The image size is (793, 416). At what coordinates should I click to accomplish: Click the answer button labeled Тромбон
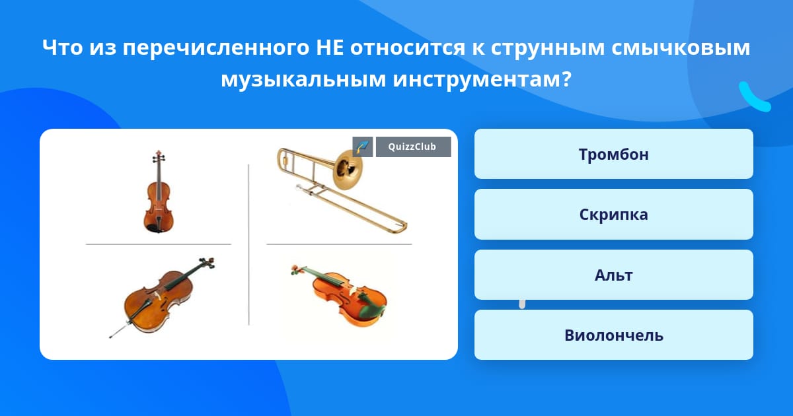[x=613, y=154]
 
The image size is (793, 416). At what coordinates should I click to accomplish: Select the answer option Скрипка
[x=613, y=215]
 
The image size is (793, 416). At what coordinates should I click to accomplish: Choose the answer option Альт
[x=613, y=275]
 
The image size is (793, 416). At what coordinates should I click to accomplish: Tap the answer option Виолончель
[x=613, y=335]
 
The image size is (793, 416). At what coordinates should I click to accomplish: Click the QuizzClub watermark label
[x=413, y=147]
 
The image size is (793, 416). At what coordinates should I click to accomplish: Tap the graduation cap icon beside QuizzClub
[x=363, y=147]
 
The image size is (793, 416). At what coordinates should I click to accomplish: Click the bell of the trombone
[x=348, y=170]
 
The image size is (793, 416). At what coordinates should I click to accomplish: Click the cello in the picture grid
[x=161, y=296]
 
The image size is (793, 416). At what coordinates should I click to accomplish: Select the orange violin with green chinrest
[x=339, y=296]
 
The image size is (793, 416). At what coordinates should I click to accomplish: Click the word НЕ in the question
[x=330, y=48]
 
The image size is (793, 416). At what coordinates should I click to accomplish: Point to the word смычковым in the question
[x=681, y=48]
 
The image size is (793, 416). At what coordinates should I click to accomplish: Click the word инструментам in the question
[x=482, y=80]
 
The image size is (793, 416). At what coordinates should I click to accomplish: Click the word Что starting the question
[x=62, y=48]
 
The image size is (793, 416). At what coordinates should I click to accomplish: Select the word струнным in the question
[x=548, y=49]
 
